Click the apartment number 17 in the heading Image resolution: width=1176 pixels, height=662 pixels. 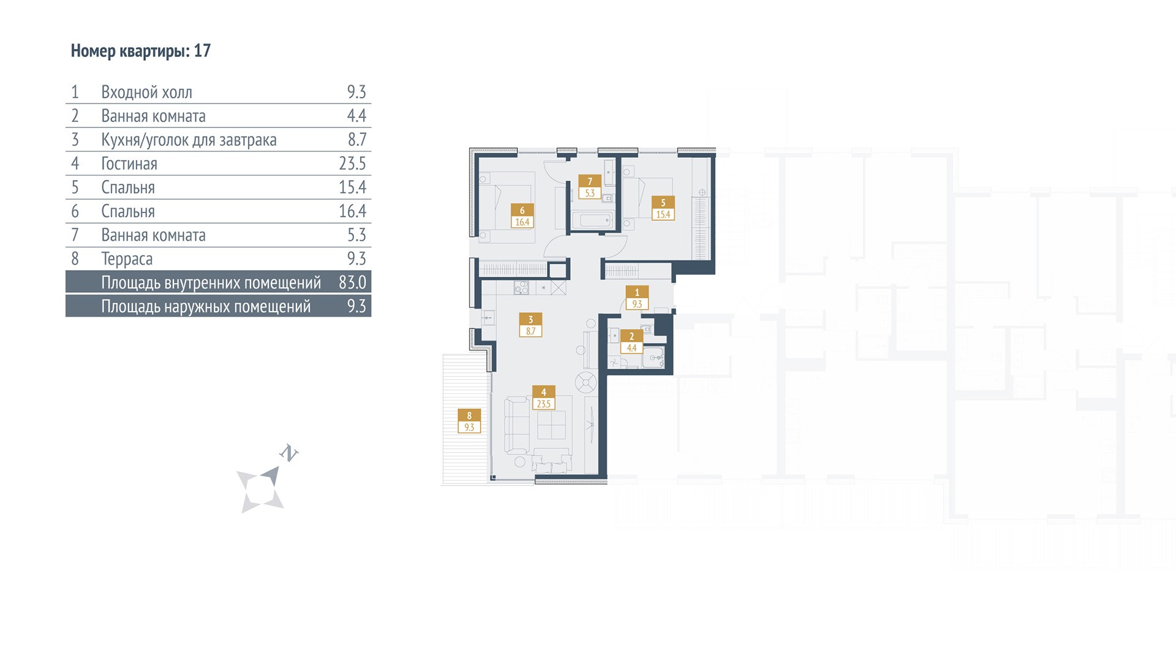click(x=202, y=51)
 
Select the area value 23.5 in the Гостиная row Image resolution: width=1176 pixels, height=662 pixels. click(x=352, y=164)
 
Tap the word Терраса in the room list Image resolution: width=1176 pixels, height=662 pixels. click(x=127, y=259)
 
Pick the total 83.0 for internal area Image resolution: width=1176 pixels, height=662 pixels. click(x=352, y=282)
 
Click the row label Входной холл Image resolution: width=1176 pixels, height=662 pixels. click(x=146, y=92)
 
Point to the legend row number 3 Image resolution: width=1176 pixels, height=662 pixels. click(x=75, y=140)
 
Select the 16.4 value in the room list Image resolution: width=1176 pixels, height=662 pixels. click(x=352, y=211)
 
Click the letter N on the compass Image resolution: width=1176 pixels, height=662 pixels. click(x=288, y=453)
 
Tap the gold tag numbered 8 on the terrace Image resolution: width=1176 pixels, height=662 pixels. click(x=469, y=415)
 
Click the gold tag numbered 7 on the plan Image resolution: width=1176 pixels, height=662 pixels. click(x=590, y=181)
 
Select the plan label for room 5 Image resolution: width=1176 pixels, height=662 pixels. click(x=663, y=208)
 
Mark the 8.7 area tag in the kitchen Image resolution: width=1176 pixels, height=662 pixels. click(x=530, y=331)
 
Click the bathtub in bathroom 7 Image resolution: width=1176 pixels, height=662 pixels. click(x=593, y=220)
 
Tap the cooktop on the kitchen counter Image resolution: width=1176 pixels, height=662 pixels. click(x=521, y=288)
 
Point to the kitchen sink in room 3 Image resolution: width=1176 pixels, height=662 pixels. click(x=488, y=317)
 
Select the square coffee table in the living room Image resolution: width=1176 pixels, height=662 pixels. click(x=551, y=424)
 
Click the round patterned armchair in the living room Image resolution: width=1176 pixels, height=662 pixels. click(x=586, y=383)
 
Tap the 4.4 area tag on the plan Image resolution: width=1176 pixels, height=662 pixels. click(x=631, y=348)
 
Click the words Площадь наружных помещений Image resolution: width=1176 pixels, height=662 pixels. click(x=206, y=307)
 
